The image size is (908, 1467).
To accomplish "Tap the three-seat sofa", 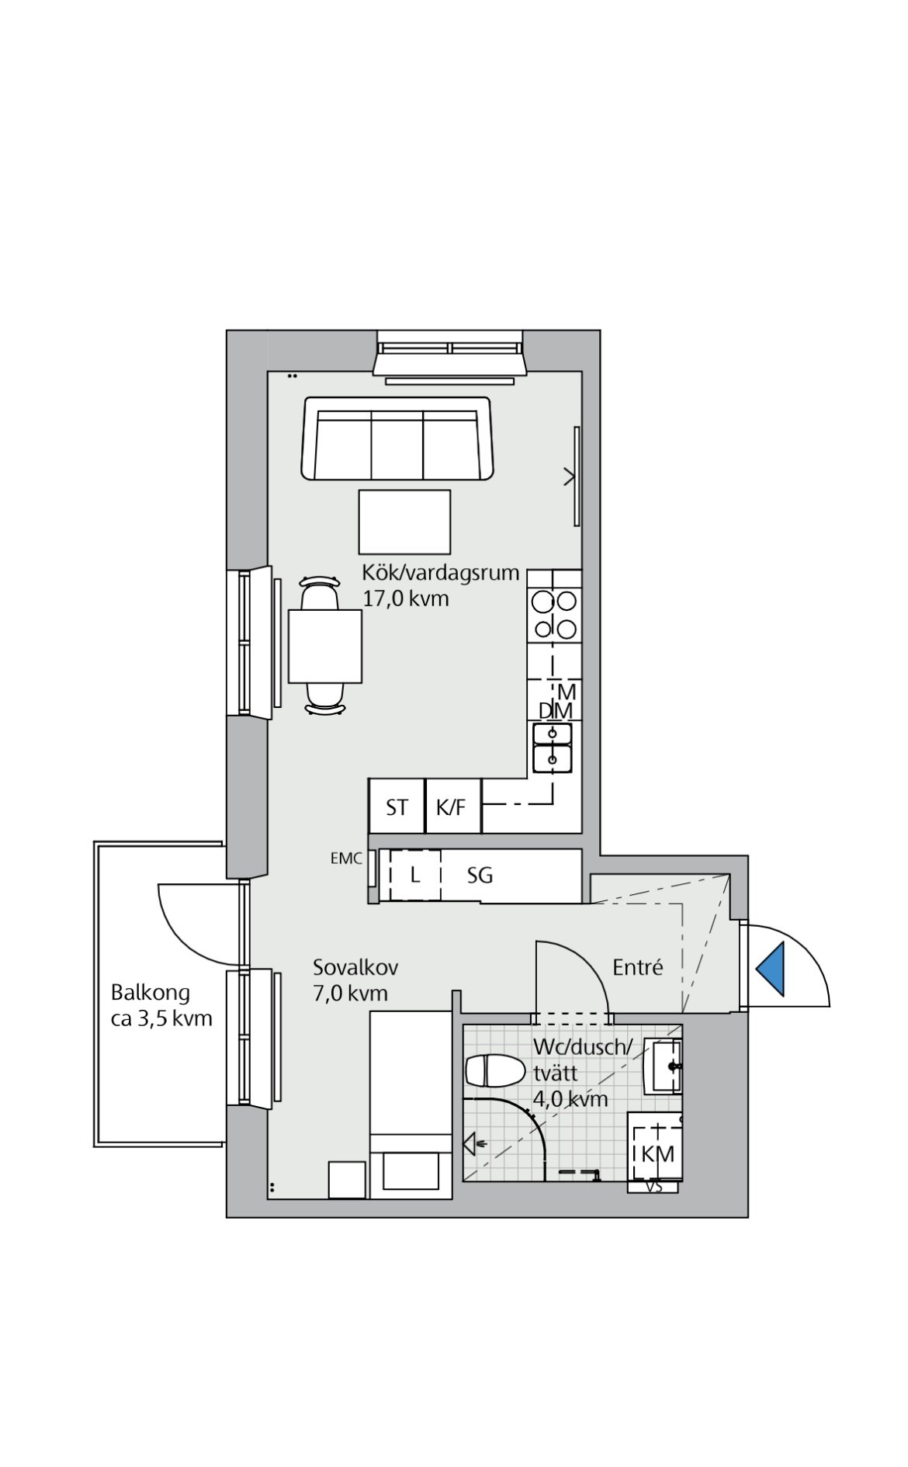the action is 397,439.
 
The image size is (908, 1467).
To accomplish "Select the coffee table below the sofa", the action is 404,522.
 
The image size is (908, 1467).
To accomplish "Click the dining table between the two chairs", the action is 325,646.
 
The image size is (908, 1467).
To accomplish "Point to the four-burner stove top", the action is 554,616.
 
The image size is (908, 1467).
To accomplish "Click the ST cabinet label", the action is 397,808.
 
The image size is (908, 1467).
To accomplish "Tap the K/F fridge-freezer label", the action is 451,807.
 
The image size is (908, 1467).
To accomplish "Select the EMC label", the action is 346,858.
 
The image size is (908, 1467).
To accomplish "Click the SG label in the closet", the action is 480,876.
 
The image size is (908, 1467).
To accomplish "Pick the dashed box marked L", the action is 415,876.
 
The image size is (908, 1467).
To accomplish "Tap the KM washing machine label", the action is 658,1153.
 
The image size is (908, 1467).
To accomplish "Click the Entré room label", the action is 638,967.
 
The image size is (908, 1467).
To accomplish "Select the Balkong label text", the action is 150,993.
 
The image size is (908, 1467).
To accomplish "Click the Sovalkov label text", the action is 355,967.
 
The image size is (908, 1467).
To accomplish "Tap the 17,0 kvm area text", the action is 406,599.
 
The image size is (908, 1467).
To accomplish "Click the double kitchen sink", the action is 553,747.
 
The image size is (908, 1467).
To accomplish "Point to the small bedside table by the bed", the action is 346,1180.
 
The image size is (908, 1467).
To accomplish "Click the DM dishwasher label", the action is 556,711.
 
